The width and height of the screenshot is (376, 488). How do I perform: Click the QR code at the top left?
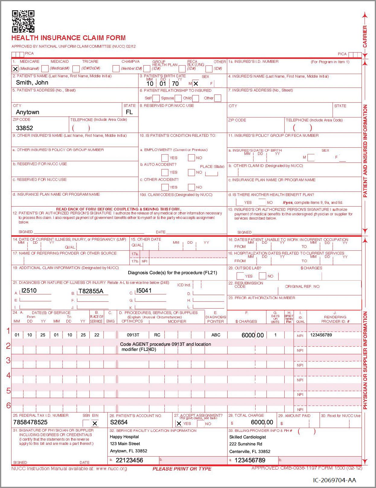(23, 21)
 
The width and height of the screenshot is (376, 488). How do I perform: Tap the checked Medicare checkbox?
(15, 69)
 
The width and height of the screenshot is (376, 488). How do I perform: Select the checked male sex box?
(196, 84)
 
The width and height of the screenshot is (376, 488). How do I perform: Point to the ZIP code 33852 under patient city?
(24, 128)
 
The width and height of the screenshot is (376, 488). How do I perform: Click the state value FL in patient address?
(129, 112)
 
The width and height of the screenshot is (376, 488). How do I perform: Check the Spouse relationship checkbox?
(178, 98)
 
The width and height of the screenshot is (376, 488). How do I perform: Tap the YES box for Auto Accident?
(165, 172)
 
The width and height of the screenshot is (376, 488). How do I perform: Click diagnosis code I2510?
(29, 291)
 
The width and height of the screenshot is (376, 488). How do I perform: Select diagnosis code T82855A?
(91, 291)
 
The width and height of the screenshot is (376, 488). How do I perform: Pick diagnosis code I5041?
(144, 291)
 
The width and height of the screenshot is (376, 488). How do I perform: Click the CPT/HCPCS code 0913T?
(133, 335)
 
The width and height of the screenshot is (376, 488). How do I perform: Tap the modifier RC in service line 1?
(157, 335)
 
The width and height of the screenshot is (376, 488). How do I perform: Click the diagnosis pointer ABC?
(216, 335)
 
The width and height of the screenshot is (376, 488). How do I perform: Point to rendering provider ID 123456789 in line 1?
(321, 335)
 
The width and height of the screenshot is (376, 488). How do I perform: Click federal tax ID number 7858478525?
(30, 422)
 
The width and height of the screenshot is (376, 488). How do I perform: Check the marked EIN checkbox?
(95, 423)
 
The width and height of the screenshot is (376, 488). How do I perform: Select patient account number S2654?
(119, 422)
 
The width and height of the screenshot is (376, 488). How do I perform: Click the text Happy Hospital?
(124, 437)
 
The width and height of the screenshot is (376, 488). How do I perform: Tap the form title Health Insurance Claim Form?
(69, 38)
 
